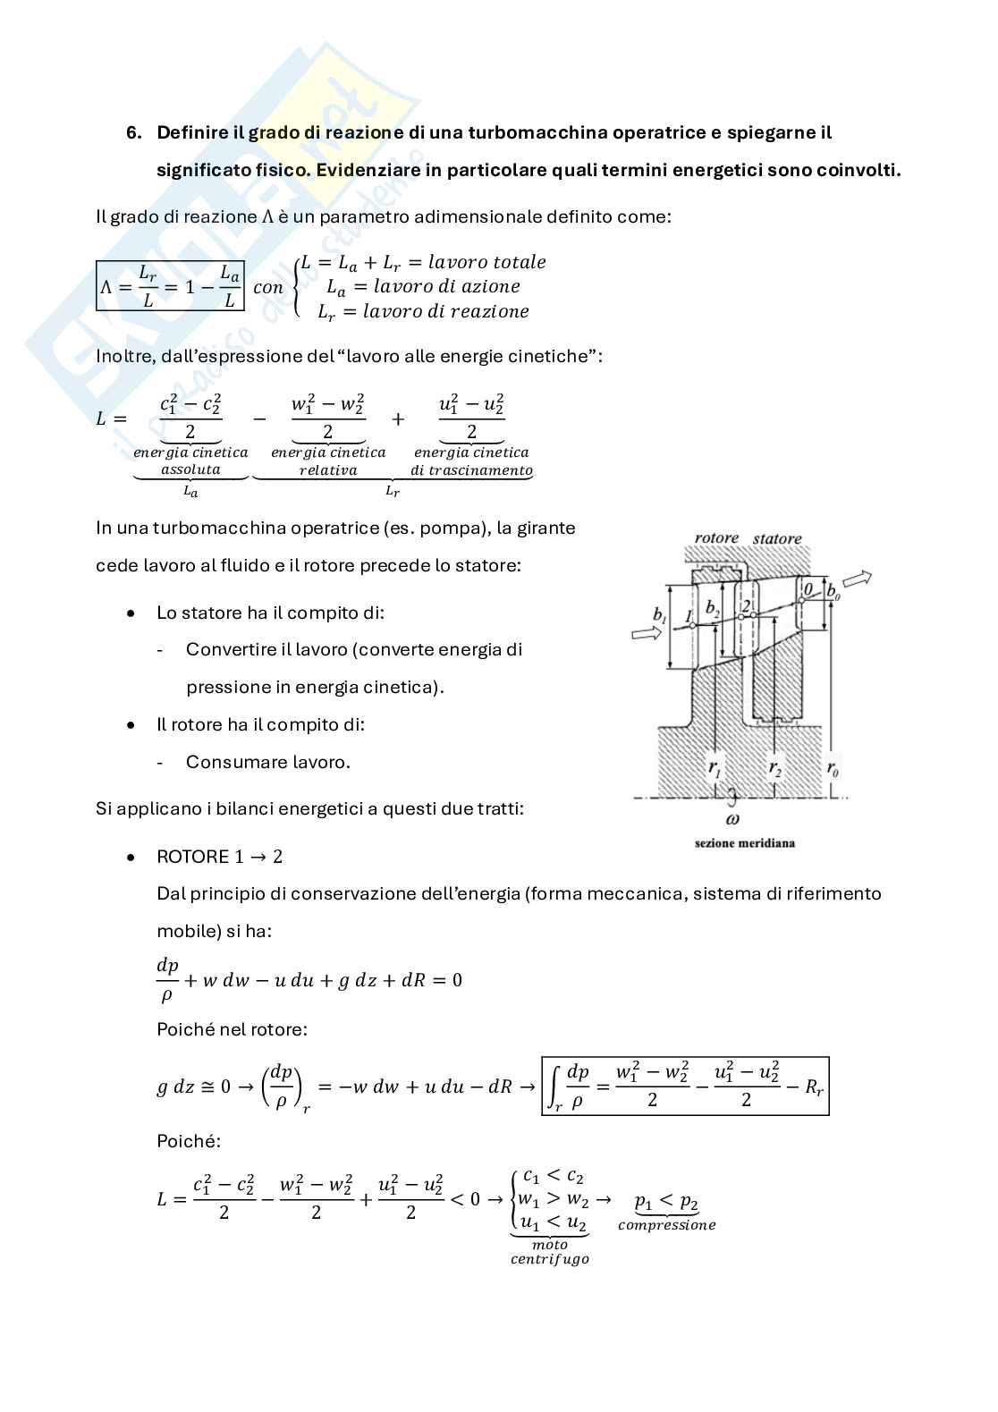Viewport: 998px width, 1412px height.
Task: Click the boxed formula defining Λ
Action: click(x=170, y=286)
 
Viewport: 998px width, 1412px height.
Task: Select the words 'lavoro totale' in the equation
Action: click(x=486, y=262)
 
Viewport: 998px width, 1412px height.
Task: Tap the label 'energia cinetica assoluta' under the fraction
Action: click(x=190, y=461)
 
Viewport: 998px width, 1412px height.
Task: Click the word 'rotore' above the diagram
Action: click(x=716, y=538)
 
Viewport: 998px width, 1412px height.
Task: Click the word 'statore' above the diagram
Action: click(x=776, y=538)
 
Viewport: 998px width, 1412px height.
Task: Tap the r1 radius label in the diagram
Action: click(x=715, y=767)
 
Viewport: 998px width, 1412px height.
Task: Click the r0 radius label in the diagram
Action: click(x=832, y=767)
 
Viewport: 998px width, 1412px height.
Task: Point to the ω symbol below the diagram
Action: click(x=732, y=818)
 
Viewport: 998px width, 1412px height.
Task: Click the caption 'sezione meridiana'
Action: click(x=744, y=842)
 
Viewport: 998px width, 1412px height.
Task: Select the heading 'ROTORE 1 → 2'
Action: click(x=219, y=857)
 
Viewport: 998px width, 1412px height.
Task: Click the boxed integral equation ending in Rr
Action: click(x=685, y=1086)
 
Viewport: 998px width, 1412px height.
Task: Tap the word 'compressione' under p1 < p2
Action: click(x=666, y=1225)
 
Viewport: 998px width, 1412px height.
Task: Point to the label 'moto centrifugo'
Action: click(x=549, y=1252)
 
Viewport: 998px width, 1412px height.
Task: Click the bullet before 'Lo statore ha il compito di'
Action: click(x=131, y=613)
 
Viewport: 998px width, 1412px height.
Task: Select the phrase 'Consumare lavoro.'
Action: click(x=267, y=762)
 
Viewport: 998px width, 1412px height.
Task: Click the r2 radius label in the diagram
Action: click(x=774, y=767)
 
